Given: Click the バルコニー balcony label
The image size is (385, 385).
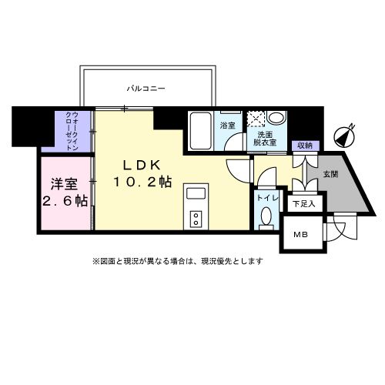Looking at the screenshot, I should coord(146,89).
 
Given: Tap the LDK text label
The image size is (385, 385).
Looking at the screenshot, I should coord(139,166).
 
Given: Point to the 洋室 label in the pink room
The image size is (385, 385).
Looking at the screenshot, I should coord(64,184).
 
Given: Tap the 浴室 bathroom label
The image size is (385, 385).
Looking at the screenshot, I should coord(228,125).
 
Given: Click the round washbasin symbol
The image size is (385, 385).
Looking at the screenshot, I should coord(278,118).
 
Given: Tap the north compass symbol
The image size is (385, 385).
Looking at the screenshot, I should coord(346,137).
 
